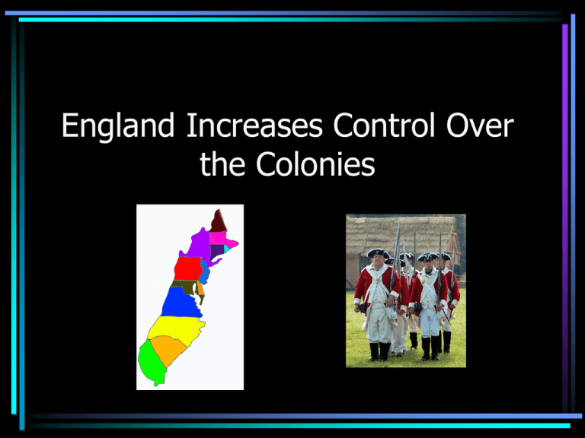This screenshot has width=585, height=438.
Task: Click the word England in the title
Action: pos(118,126)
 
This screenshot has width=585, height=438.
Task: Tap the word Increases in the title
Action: pos(254,125)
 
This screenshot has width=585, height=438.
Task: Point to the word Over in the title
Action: pos(480,125)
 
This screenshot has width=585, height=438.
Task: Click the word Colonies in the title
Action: pos(315,164)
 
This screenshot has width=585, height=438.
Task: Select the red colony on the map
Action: pos(188,268)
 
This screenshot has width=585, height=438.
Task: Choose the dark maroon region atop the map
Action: pos(219,221)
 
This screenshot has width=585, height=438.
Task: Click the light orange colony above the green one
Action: pos(168,350)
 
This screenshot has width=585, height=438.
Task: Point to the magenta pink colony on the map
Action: pos(222,239)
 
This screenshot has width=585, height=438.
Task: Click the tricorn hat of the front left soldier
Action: pos(379,254)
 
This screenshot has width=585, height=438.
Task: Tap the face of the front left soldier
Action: pos(378,262)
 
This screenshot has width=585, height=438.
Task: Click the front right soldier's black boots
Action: pos(430,348)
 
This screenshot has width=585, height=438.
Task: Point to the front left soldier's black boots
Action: pos(379,351)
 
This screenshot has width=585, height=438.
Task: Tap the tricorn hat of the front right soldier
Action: pos(427,256)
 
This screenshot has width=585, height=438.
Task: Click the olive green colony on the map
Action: pos(184,286)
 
